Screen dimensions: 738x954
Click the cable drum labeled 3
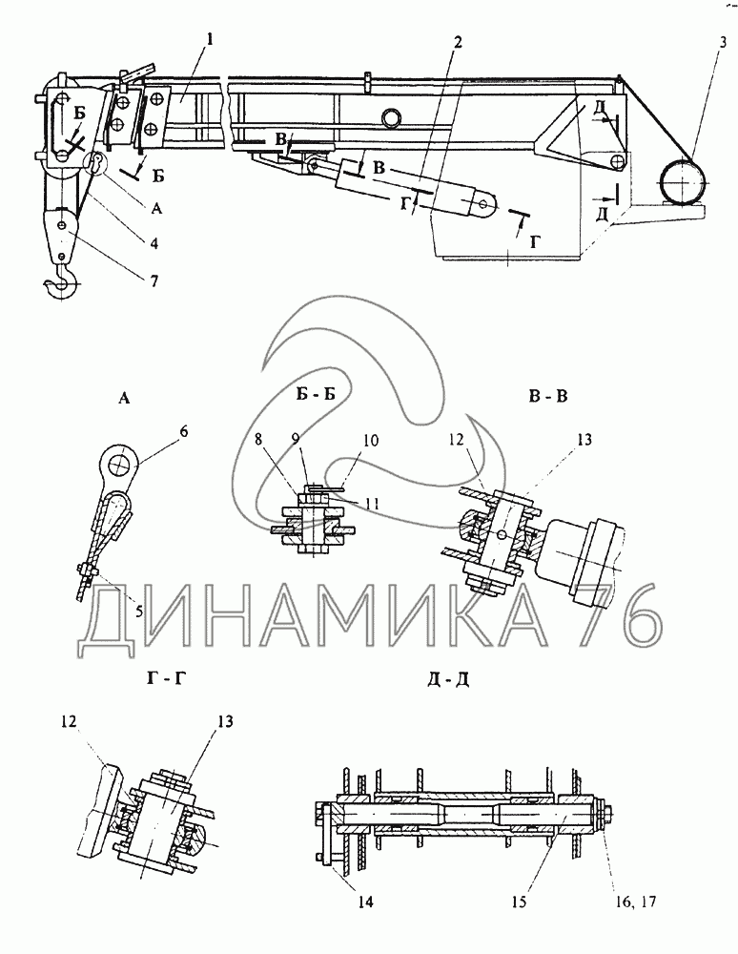coord(683,180)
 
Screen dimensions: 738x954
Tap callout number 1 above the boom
coord(209,41)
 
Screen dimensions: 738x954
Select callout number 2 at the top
coord(457,42)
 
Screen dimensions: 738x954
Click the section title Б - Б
coord(316,394)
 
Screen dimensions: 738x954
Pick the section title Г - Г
coord(164,676)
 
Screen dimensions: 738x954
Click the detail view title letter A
coord(123,399)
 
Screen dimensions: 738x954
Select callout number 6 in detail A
coord(184,432)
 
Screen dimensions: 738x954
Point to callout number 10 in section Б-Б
coord(371,440)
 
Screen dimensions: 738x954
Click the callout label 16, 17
coord(636,902)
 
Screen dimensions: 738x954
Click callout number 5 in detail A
coord(139,611)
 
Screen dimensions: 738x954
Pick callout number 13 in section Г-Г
coord(224,721)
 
